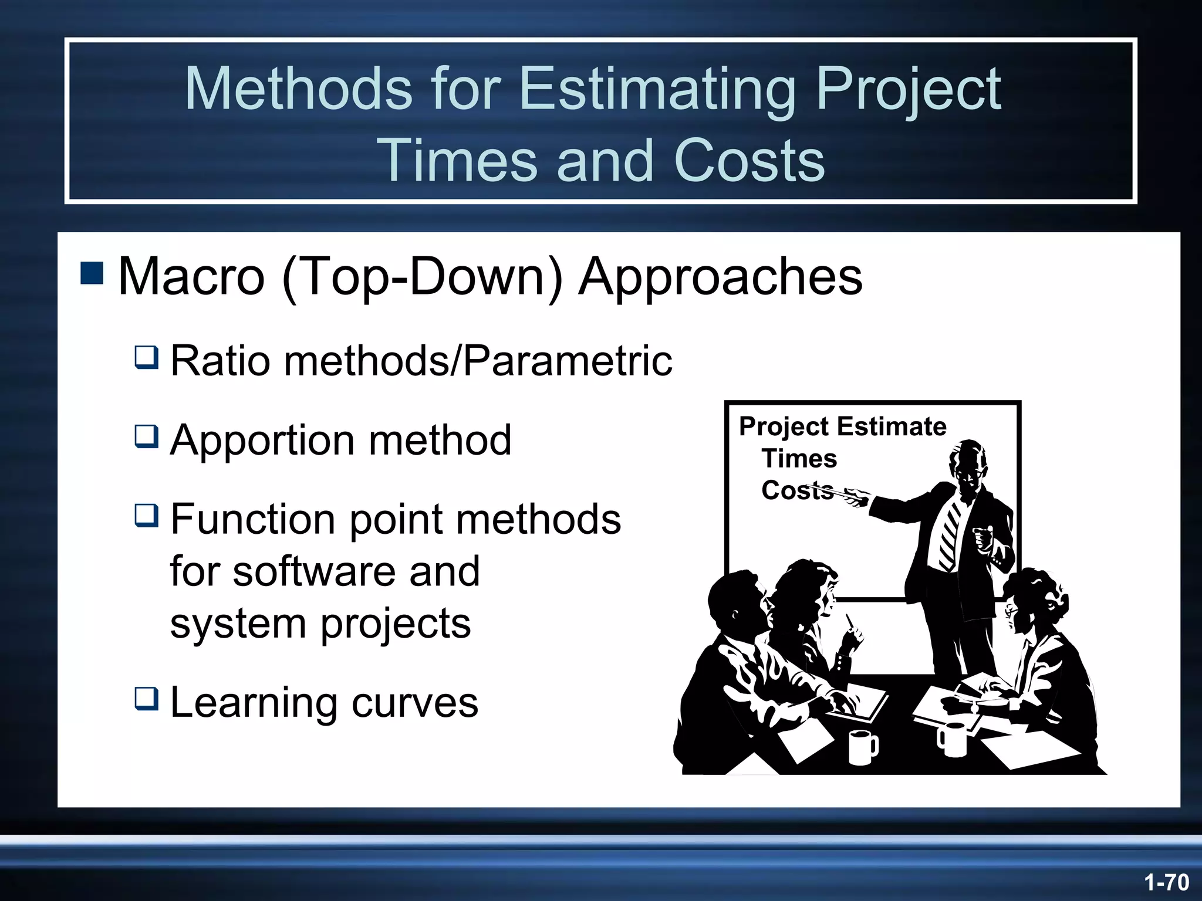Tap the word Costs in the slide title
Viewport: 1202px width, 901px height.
pos(749,161)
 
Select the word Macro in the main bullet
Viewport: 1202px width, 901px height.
pos(191,277)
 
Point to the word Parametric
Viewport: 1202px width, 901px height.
pos(568,361)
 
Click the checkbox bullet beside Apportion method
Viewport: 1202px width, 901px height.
pos(146,436)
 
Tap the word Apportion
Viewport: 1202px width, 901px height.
pos(261,441)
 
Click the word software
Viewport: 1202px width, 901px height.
pos(316,571)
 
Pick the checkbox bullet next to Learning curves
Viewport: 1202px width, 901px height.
pos(146,699)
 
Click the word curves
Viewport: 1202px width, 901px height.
pos(414,703)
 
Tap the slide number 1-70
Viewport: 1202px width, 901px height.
pos(1166,882)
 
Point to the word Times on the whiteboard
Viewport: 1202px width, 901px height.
pos(799,458)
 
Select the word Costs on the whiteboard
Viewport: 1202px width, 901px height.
pos(797,490)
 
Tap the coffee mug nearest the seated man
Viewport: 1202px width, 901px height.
pos(862,747)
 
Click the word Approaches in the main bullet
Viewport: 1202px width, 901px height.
pos(720,277)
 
